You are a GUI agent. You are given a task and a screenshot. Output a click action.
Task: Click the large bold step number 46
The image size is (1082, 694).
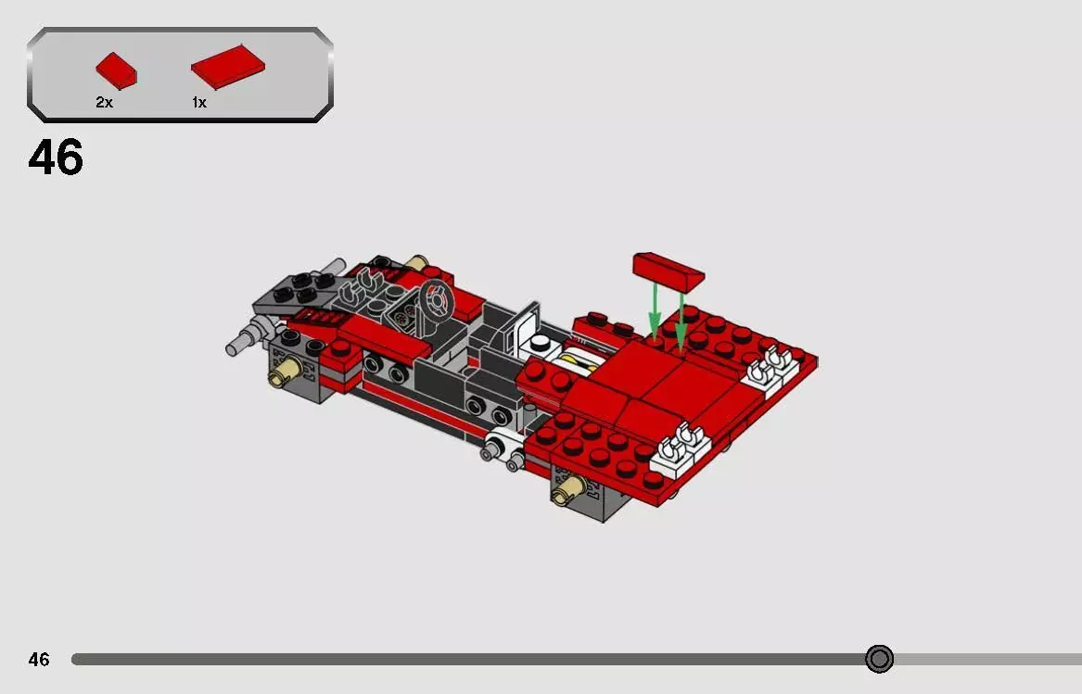[x=56, y=158]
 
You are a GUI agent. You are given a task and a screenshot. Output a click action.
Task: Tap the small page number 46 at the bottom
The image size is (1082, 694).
[x=38, y=660]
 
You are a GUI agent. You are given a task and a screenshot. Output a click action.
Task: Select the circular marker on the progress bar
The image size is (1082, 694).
[x=879, y=659]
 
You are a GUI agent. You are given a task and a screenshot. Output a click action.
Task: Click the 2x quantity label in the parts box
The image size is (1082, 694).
[x=104, y=103]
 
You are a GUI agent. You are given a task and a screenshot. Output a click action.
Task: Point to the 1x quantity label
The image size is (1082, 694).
[x=199, y=103]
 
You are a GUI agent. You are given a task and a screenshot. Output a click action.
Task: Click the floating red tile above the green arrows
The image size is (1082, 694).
[x=668, y=269]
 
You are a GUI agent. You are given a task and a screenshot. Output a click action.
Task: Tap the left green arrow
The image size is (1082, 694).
[x=655, y=310]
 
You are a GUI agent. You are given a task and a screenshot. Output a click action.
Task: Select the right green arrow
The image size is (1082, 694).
[x=681, y=320]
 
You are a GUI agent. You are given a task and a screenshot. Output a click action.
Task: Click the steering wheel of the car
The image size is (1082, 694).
[x=435, y=301]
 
